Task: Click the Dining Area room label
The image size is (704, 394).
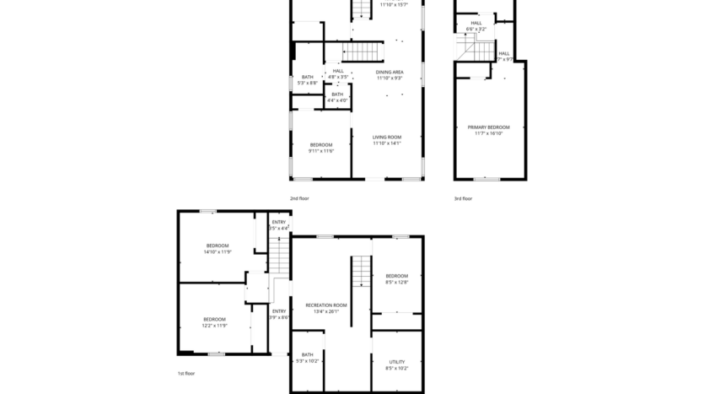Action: (x=389, y=72)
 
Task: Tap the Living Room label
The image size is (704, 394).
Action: (x=387, y=137)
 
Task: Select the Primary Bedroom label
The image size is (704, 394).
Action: (x=488, y=127)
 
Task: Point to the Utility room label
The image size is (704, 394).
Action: (x=396, y=362)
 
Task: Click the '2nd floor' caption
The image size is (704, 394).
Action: (x=299, y=198)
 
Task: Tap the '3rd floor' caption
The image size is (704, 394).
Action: (x=463, y=198)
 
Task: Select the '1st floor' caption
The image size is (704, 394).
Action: (x=185, y=373)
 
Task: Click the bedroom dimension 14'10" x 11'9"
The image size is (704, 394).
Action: (x=217, y=251)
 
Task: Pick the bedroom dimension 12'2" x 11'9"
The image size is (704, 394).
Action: (x=214, y=325)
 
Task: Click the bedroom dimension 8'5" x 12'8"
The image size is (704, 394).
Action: (x=396, y=282)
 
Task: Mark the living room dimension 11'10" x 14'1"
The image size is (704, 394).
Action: (x=387, y=143)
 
